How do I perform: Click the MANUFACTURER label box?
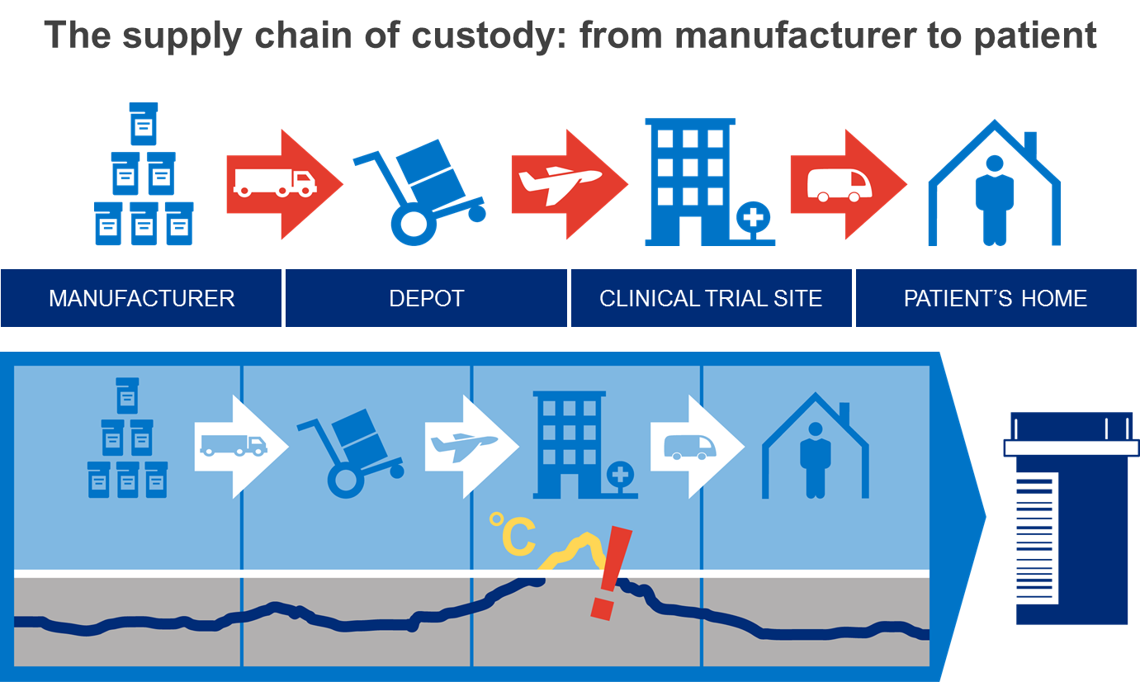click(141, 298)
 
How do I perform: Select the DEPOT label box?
click(426, 298)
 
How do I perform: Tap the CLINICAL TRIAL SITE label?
click(711, 298)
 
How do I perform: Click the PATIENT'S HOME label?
click(996, 298)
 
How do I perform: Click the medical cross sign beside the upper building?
click(752, 219)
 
